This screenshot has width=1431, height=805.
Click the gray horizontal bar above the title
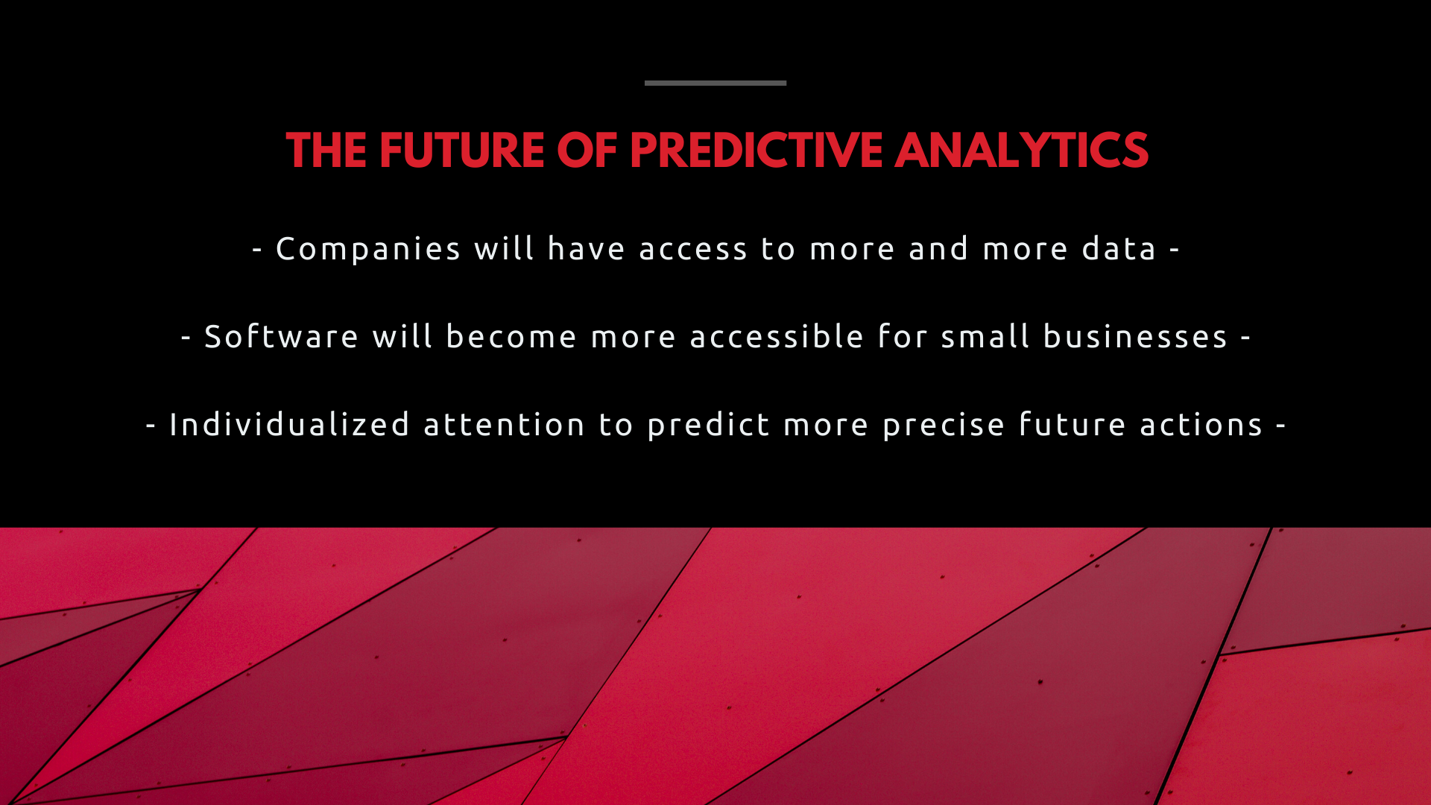(x=715, y=83)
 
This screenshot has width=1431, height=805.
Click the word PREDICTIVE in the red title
(x=756, y=151)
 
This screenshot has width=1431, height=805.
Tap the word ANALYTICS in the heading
(x=1022, y=151)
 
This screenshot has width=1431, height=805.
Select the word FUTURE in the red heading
(x=462, y=151)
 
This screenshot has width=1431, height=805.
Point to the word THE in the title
(x=326, y=151)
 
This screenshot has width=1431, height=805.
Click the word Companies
(x=368, y=249)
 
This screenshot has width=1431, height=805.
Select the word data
(x=1119, y=248)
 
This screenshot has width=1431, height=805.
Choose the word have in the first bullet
(x=586, y=248)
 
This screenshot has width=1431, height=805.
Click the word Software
(x=281, y=336)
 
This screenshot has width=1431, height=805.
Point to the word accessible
(x=777, y=336)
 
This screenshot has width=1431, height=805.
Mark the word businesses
(x=1135, y=336)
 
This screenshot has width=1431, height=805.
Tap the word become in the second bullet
(x=511, y=336)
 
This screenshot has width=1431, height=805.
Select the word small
(x=985, y=336)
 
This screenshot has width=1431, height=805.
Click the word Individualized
(x=290, y=424)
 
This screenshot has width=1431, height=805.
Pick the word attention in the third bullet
(x=505, y=424)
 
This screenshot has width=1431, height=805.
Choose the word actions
(x=1201, y=425)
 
